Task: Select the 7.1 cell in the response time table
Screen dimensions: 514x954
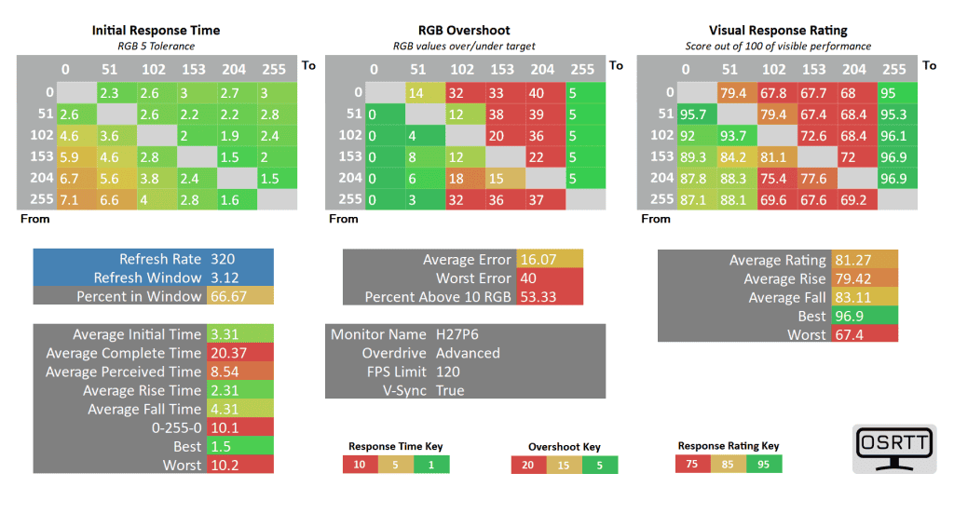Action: [x=75, y=198]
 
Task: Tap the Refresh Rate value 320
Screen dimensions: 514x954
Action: [x=224, y=259]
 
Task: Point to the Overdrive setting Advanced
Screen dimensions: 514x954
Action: [x=468, y=353]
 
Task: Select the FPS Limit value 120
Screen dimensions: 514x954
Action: [x=448, y=372]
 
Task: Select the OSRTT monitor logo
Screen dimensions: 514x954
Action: [x=894, y=448]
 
